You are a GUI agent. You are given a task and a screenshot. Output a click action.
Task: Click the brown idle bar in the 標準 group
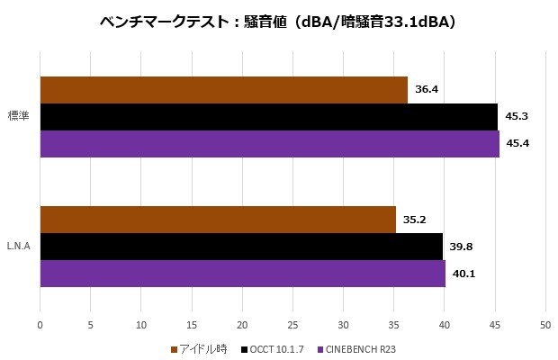[223, 90]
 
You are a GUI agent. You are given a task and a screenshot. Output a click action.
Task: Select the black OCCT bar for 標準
[268, 117]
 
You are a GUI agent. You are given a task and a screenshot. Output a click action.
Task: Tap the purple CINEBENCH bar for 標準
[269, 144]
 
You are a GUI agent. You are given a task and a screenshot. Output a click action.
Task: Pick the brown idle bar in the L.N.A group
[218, 220]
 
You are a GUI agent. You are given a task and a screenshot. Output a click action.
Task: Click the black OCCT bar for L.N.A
[241, 247]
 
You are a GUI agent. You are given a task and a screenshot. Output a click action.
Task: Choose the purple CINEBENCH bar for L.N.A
[242, 274]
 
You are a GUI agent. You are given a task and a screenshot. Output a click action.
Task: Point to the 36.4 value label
[427, 90]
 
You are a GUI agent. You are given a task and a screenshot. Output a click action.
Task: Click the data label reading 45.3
[517, 117]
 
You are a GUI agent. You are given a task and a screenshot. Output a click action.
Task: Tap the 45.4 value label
[517, 144]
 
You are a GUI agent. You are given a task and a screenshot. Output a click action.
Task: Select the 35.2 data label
[415, 220]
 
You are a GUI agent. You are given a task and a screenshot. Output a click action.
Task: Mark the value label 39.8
[461, 247]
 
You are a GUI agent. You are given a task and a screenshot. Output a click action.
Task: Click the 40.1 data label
[463, 274]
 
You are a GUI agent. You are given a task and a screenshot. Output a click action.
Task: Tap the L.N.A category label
[20, 247]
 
